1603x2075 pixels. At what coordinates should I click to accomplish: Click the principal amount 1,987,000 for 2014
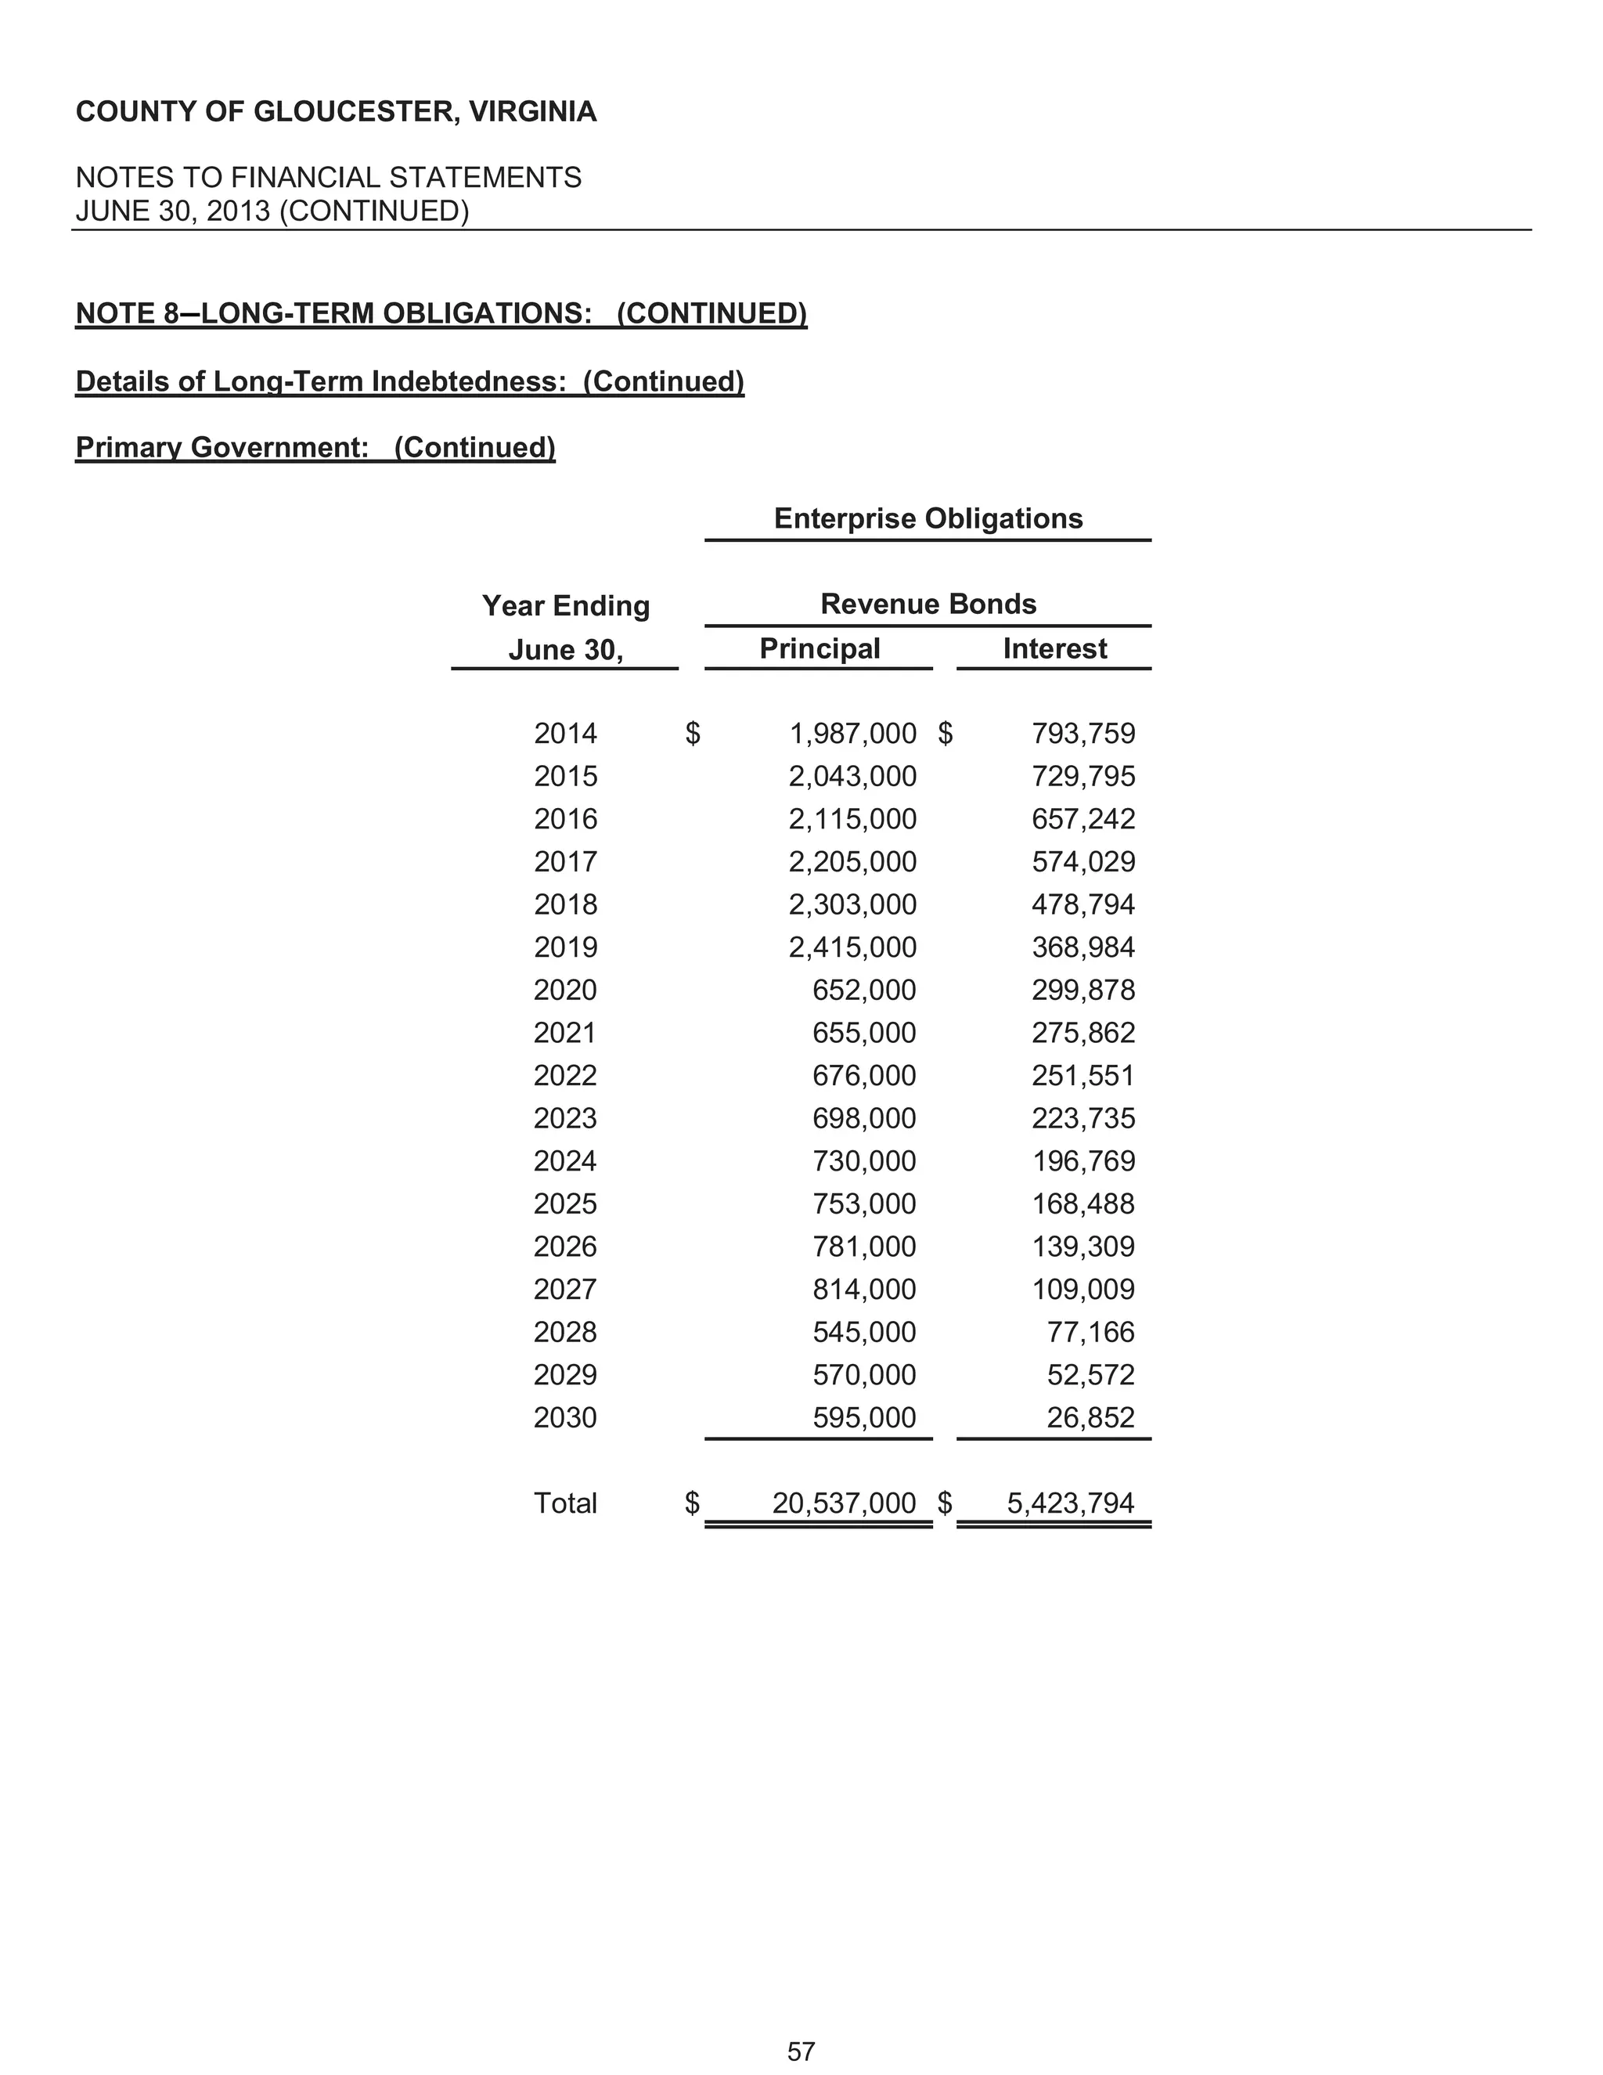coord(852,734)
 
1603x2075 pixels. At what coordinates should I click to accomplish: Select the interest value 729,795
coord(1082,776)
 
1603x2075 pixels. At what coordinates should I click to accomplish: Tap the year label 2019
coord(565,947)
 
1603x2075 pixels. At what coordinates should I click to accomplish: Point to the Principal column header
coord(820,649)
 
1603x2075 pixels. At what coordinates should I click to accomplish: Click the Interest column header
coord(1054,649)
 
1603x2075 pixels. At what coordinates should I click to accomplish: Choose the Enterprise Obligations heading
coord(928,518)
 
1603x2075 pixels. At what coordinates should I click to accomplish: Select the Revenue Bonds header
coord(928,604)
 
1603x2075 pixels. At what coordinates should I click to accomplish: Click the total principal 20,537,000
coord(843,1503)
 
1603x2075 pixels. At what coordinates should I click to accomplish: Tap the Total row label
coord(565,1503)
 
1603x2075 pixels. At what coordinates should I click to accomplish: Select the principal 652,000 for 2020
coord(864,990)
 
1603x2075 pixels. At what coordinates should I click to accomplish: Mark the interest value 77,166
coord(1090,1332)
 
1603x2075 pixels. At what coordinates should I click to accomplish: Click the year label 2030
coord(565,1417)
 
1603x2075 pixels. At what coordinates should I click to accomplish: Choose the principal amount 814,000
coord(864,1290)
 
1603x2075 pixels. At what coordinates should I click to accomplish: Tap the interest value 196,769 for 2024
coord(1082,1161)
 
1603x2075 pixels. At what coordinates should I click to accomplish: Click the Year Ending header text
coord(565,606)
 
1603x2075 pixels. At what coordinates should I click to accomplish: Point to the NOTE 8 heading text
coord(441,313)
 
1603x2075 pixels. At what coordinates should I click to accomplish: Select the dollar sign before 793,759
coord(945,734)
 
